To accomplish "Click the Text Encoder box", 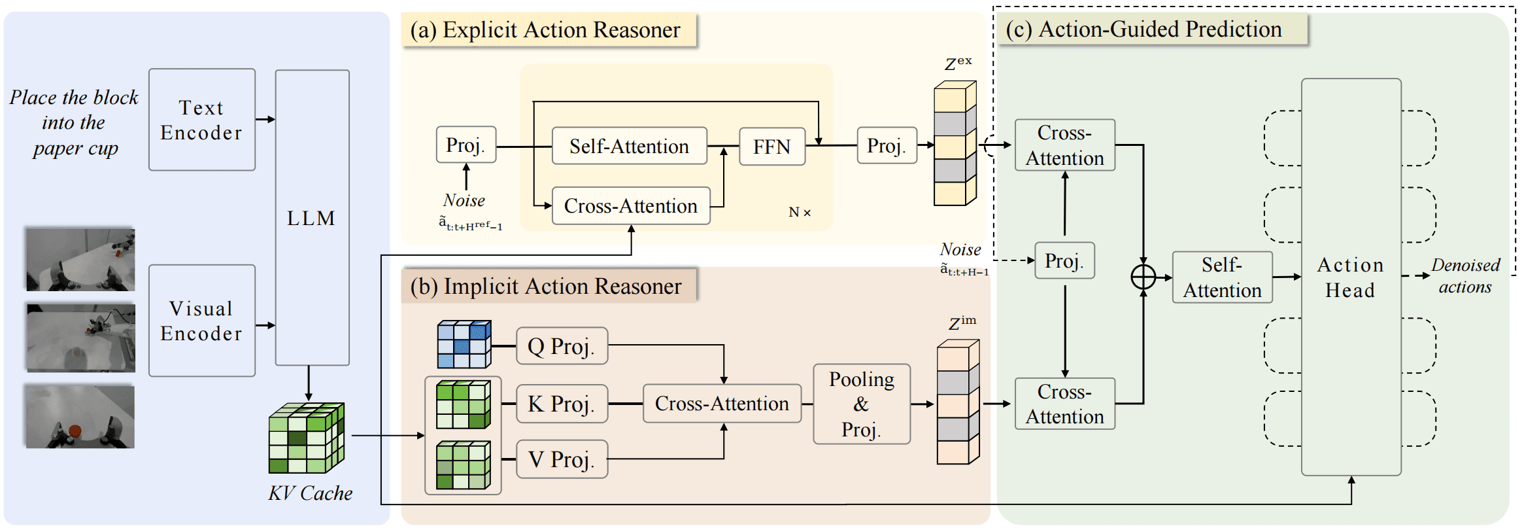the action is tap(201, 120).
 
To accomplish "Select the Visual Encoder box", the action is tap(201, 321).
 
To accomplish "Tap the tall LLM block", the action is tap(312, 218).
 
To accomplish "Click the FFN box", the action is tap(771, 147).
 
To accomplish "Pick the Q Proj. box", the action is tap(562, 346).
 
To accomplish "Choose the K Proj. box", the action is tap(562, 404).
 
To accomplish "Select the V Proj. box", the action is tap(562, 459).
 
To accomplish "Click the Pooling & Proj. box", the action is tap(862, 404).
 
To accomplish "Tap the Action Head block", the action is tap(1351, 277).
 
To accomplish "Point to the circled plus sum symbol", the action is tap(1143, 277).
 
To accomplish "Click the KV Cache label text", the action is tap(310, 493).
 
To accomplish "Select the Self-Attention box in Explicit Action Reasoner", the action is tap(629, 146).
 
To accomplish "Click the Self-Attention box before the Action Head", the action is tap(1222, 277).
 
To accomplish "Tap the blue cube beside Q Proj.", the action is tap(464, 344).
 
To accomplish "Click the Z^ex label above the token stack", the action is tap(958, 63).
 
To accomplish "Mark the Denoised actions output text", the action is tap(1465, 276).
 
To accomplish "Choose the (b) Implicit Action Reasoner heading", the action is tap(546, 286).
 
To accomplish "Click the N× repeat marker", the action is tap(800, 212).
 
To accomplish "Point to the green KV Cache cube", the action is tap(307, 438).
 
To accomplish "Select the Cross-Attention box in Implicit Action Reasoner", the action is tap(722, 404).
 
